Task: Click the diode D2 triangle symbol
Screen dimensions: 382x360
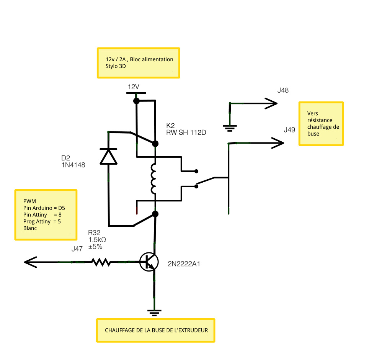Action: (x=108, y=157)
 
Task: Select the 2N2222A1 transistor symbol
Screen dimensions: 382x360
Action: (x=149, y=262)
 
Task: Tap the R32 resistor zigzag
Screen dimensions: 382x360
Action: (x=101, y=262)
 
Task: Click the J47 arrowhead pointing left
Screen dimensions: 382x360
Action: (x=31, y=262)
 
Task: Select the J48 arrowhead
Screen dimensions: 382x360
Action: (x=271, y=103)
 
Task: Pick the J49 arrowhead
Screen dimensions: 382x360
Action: (x=278, y=143)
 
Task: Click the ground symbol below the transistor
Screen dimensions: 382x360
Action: (x=154, y=313)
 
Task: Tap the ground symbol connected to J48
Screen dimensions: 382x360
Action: (x=230, y=128)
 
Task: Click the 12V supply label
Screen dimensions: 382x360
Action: (x=134, y=87)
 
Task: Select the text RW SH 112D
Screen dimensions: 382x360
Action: (x=186, y=133)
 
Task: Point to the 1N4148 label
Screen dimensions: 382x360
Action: (x=73, y=165)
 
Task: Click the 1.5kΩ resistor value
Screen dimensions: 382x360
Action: (x=97, y=240)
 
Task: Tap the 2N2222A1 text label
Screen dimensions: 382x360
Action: (x=184, y=264)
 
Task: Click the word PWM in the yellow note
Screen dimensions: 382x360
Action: (x=29, y=201)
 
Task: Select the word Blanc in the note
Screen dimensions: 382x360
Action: (x=30, y=228)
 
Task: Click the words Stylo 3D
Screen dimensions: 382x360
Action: (x=116, y=66)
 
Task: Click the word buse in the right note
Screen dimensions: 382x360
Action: (x=313, y=134)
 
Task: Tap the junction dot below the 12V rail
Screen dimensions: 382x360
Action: (x=136, y=101)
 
